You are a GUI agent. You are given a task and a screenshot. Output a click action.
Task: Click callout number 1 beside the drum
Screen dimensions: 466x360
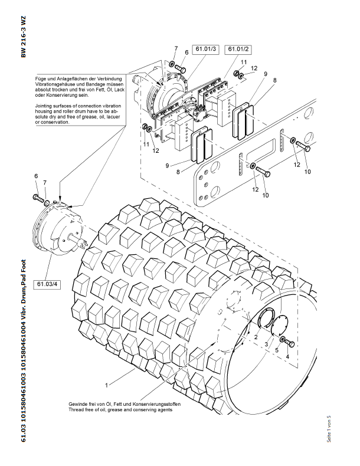[106, 385]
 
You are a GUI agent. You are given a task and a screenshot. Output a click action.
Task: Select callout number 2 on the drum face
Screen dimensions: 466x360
[256, 336]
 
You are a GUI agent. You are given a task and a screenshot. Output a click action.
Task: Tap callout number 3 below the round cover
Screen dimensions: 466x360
[266, 344]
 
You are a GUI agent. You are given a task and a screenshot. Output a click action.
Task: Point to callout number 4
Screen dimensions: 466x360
[287, 357]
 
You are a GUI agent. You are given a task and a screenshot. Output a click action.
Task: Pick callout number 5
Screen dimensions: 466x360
[276, 350]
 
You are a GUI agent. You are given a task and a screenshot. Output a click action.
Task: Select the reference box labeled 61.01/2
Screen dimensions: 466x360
[239, 48]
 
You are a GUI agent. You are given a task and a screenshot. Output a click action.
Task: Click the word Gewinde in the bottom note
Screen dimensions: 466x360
[78, 404]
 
